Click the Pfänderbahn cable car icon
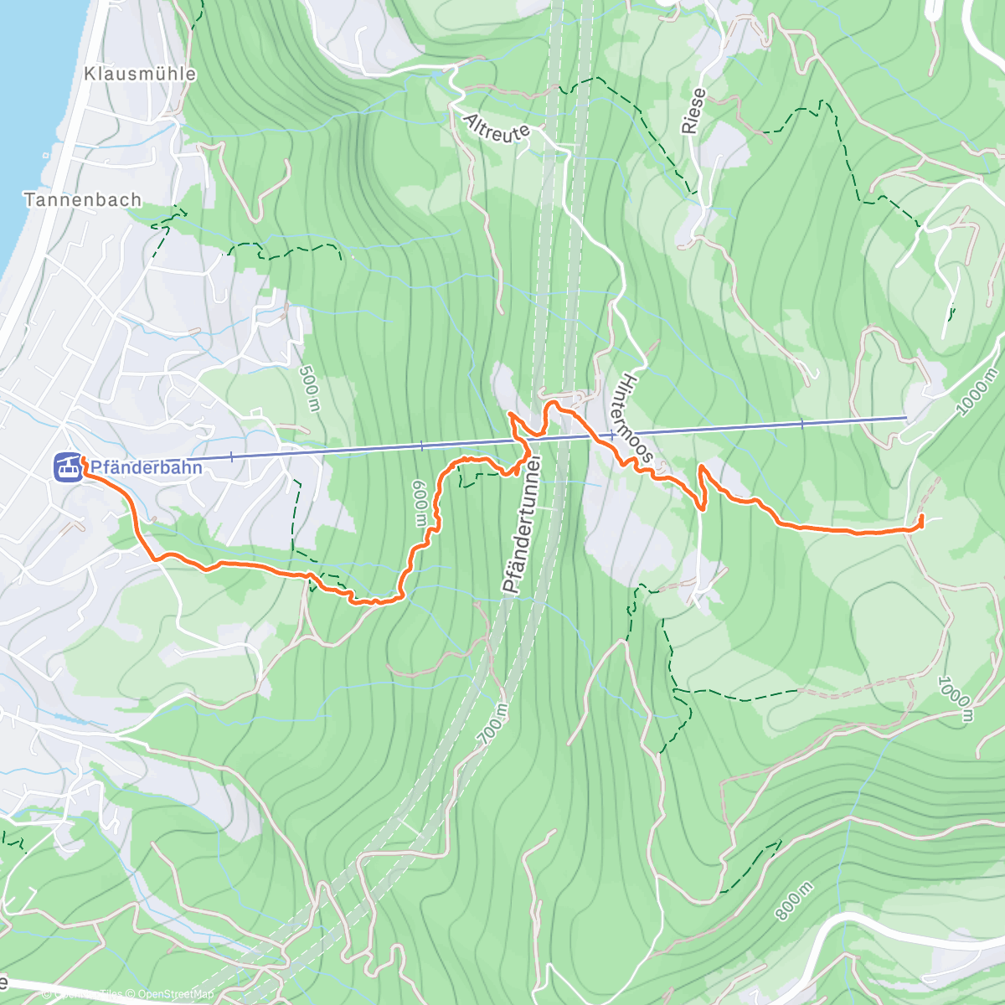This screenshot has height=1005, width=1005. (68, 466)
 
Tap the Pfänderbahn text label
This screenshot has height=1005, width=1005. (146, 467)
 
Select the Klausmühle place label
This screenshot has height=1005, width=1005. (140, 74)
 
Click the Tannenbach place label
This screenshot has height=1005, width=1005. (83, 199)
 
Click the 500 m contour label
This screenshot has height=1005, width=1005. (308, 389)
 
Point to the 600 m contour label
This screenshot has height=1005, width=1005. (420, 502)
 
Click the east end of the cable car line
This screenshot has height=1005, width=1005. (906, 416)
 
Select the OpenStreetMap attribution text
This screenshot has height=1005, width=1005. (176, 994)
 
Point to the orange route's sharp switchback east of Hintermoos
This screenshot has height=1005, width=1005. (700, 466)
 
